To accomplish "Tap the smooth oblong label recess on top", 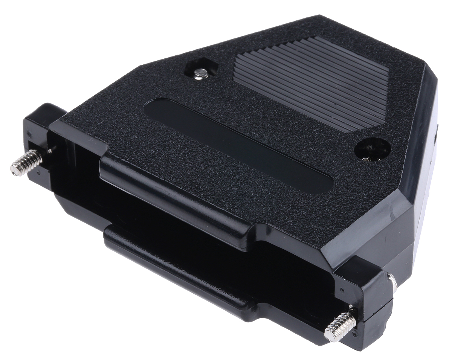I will tap(237, 145).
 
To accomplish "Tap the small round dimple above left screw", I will tap(49, 151).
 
